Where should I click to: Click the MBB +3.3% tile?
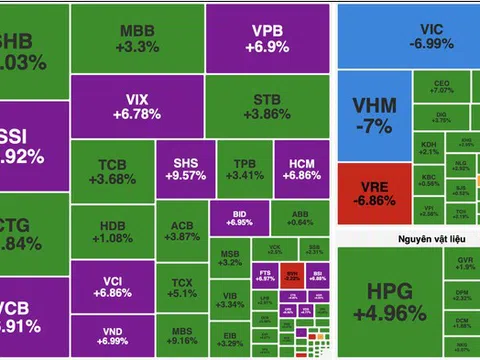(x=136, y=37)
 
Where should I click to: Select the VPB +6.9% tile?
(x=267, y=37)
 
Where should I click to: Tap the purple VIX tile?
(x=136, y=105)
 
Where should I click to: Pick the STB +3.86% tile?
(x=267, y=105)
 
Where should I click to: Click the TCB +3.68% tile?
(x=111, y=171)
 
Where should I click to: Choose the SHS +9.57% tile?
(x=182, y=171)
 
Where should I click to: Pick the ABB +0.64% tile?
(x=301, y=217)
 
